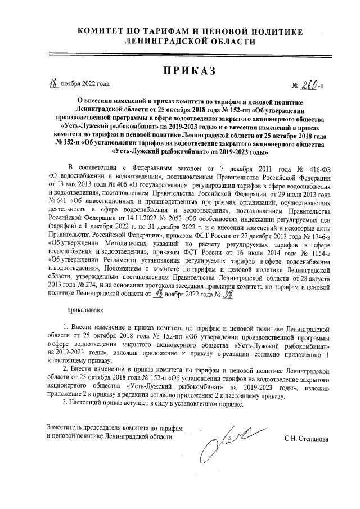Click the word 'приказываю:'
coord(84,309)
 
